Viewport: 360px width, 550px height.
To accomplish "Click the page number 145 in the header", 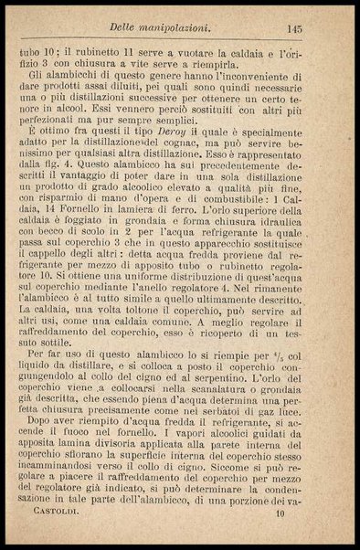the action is pos(319,29).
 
